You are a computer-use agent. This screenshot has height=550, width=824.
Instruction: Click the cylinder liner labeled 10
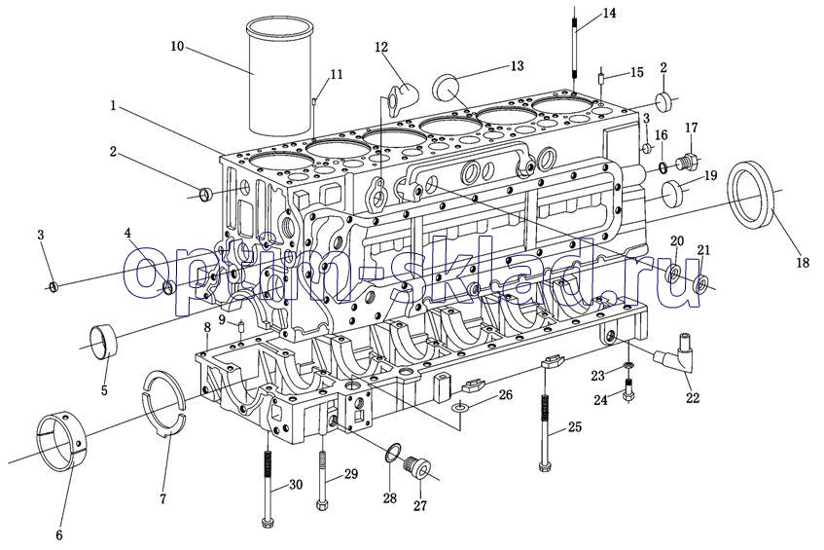click(279, 76)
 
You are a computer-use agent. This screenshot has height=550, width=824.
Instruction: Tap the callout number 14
click(609, 14)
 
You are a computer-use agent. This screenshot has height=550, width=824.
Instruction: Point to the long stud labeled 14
click(574, 47)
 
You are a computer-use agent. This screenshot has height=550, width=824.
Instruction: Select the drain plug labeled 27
click(419, 467)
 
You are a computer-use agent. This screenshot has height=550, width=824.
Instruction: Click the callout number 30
click(296, 484)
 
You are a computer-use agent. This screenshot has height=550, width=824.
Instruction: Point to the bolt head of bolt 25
click(546, 465)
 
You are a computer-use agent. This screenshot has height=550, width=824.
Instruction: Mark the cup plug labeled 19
click(672, 193)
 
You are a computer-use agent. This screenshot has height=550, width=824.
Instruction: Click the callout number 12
click(381, 48)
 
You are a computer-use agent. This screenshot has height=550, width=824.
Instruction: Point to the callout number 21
click(703, 250)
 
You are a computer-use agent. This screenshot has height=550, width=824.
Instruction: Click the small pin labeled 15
click(601, 79)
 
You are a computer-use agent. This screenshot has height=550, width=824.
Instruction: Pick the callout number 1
click(113, 106)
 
